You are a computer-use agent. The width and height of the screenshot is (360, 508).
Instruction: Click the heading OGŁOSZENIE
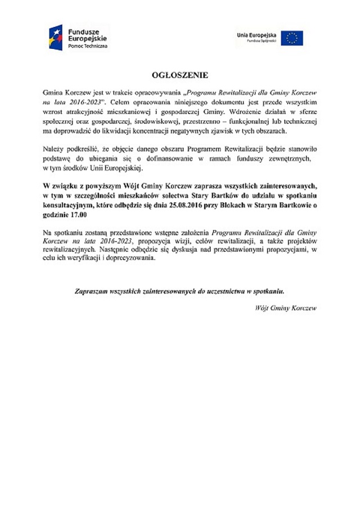[179, 75]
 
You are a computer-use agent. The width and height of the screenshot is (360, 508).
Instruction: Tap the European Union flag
[292, 38]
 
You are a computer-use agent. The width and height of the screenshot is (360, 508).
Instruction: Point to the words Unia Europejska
[258, 35]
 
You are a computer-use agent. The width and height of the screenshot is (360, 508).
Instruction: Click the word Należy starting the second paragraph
[53, 149]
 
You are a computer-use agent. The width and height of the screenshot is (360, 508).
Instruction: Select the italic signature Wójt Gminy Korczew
[286, 308]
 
